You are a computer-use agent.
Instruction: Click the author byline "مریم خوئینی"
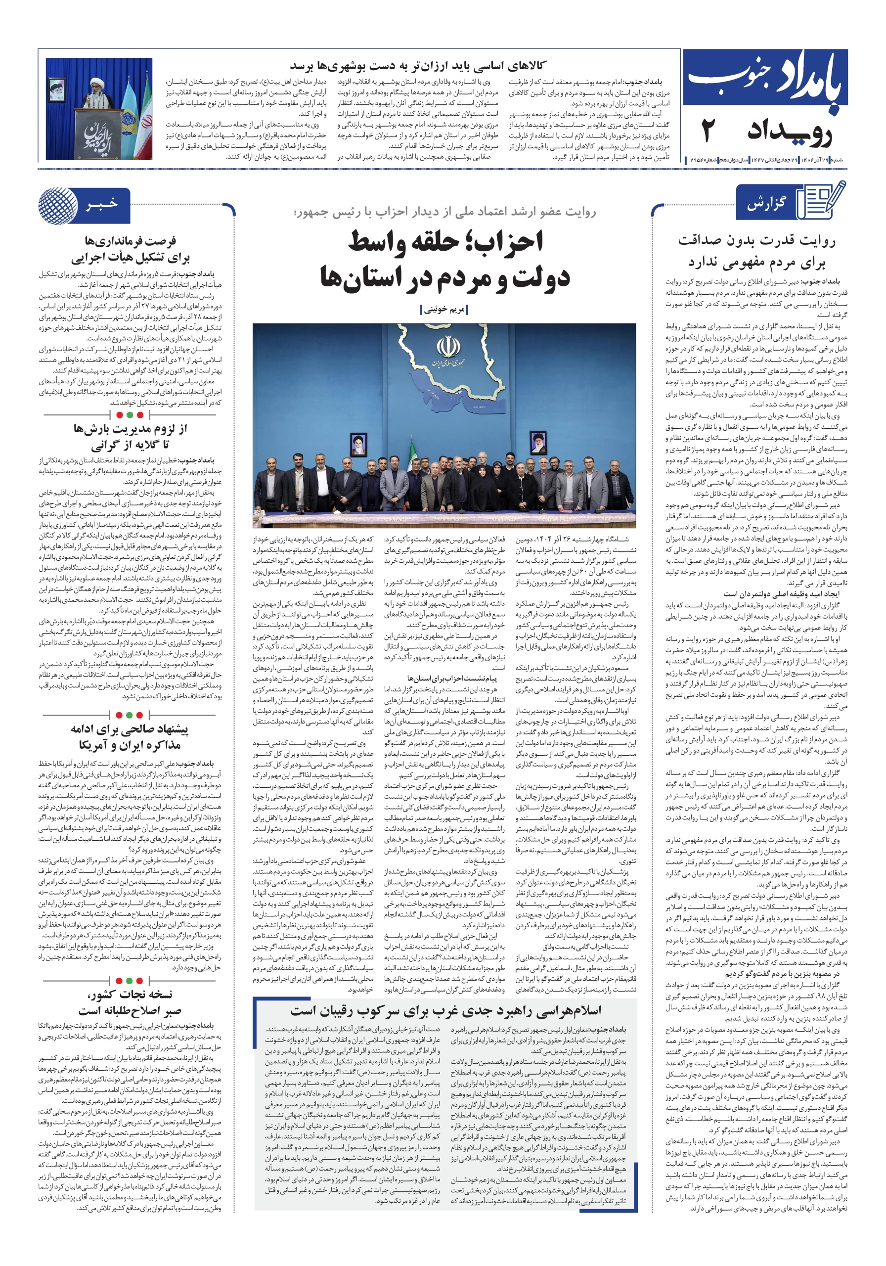(x=444, y=310)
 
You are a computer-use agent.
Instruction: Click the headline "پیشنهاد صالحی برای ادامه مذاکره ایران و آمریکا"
(x=130, y=737)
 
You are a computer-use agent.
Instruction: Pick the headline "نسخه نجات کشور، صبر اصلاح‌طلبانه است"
(x=130, y=1002)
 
